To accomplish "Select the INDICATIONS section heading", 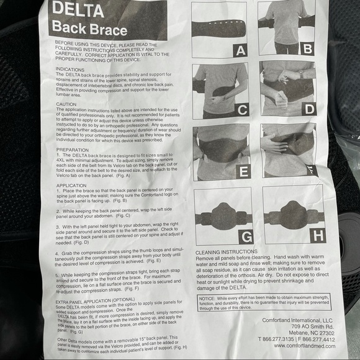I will coord(70,70).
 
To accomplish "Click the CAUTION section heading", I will coord(66,104).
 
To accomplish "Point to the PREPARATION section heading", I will coord(72,149).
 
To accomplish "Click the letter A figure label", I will coord(240,50).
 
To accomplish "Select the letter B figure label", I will coord(307,48).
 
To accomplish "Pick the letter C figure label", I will coord(241,111).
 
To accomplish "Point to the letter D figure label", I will coord(308,109).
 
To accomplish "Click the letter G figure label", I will coord(245,236).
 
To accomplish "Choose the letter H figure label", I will coord(318,235).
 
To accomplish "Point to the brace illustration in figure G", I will coord(222,215).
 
